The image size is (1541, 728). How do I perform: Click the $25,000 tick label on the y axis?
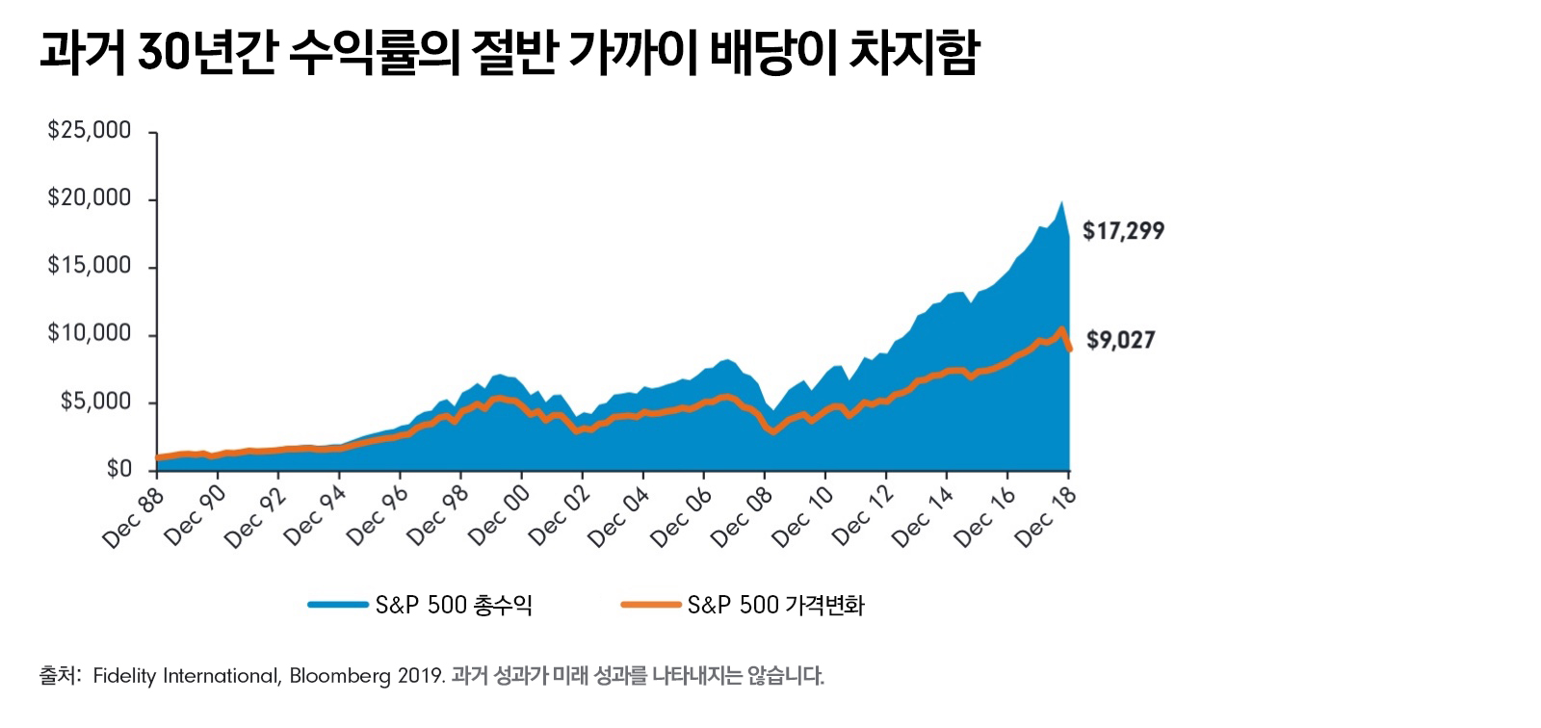click(90, 131)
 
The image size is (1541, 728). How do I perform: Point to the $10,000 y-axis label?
click(90, 334)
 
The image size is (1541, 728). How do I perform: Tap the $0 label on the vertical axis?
click(119, 469)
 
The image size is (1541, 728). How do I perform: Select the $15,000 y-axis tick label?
click(90, 266)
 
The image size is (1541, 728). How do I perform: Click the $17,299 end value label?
click(1123, 231)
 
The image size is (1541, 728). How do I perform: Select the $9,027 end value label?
click(1120, 340)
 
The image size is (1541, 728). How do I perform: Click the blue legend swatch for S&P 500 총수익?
click(337, 605)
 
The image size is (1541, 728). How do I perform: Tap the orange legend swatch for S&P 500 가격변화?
click(651, 605)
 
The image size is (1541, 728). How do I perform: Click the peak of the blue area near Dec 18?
click(1061, 202)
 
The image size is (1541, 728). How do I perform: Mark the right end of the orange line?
click(1069, 349)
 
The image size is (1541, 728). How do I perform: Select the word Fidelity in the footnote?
click(124, 676)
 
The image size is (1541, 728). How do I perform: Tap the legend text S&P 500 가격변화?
click(776, 605)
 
